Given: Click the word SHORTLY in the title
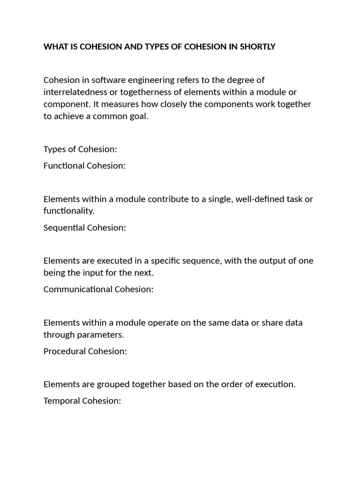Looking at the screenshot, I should coord(256,47).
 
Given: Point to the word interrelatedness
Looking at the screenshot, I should coord(75,92).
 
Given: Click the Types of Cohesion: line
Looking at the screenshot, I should coord(80,149).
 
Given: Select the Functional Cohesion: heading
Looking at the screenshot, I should coord(84,165).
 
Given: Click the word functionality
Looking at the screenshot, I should coord(69,211).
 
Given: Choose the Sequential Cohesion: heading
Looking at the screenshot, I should coord(85,227).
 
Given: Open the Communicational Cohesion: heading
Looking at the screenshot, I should coord(98,289).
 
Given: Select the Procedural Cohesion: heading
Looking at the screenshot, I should coord(85,351).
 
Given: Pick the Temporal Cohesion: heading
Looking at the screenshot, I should coord(82,401).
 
